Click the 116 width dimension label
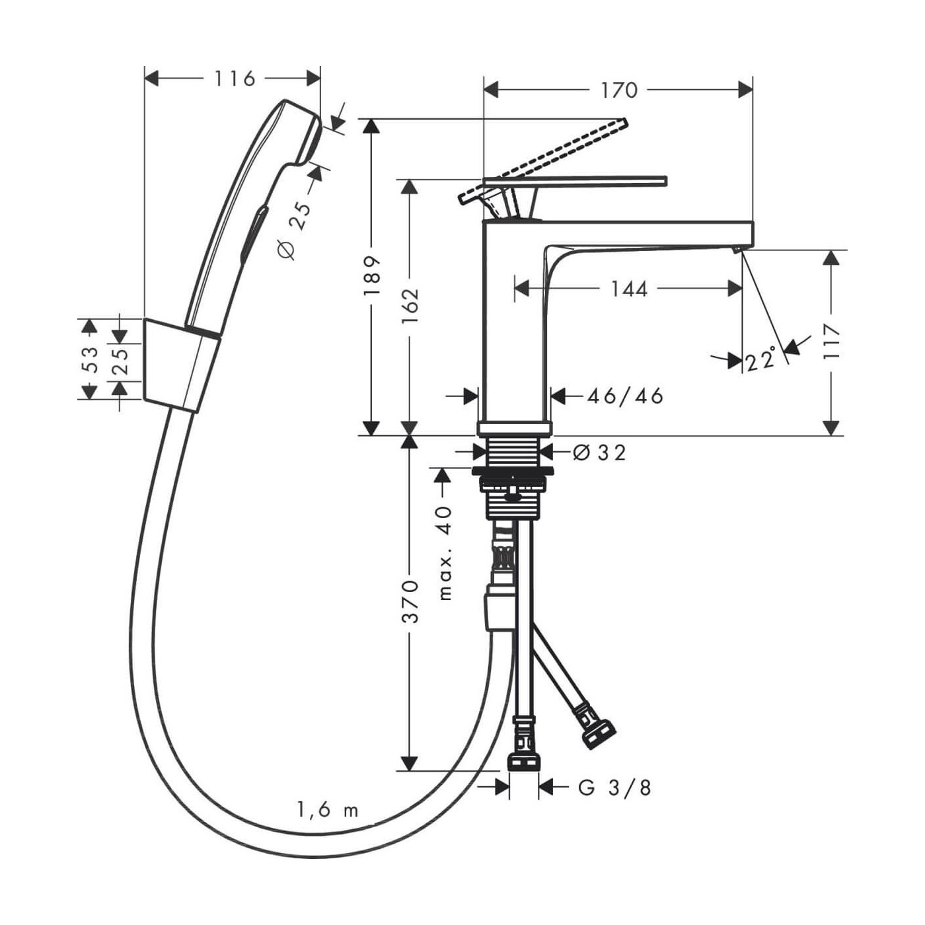point(234,79)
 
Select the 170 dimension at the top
point(618,90)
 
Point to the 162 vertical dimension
point(410,305)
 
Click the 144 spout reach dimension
point(628,289)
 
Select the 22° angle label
point(760,360)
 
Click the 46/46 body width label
point(625,396)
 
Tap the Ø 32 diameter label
point(599,453)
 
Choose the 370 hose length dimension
point(410,601)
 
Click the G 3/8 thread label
point(614,788)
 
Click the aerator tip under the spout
point(738,249)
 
